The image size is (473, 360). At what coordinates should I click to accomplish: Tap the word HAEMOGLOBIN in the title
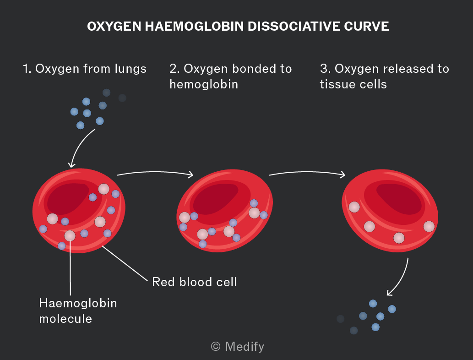[x=194, y=26]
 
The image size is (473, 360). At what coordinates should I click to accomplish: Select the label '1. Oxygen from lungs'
[x=85, y=69]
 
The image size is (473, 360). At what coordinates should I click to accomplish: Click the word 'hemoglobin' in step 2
[x=204, y=84]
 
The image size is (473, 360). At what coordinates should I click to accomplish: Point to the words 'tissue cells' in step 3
[x=353, y=84]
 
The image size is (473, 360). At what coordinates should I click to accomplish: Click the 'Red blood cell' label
[x=194, y=282]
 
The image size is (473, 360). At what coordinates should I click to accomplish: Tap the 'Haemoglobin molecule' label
[x=78, y=311]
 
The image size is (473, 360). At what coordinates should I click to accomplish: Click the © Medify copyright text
[x=237, y=346]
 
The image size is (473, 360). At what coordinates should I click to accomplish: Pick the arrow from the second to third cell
[x=307, y=172]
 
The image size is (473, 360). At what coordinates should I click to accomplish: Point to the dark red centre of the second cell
[x=215, y=199]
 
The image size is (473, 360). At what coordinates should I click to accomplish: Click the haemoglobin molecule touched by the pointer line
[x=70, y=236]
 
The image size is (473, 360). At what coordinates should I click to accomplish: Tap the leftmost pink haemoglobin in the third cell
[x=354, y=207]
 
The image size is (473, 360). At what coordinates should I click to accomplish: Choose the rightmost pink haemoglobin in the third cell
[x=429, y=226]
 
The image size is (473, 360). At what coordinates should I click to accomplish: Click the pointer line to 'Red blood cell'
[x=125, y=263]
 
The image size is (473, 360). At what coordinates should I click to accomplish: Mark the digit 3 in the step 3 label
[x=324, y=69]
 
